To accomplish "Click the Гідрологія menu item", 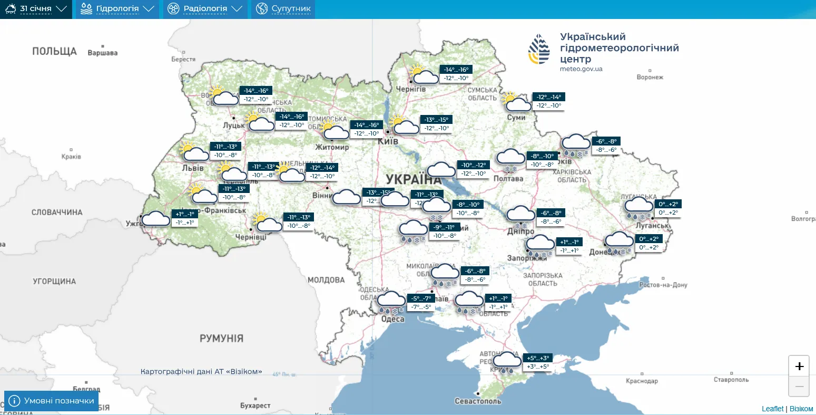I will point(117,9).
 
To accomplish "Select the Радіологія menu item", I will point(205,9).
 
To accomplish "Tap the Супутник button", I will point(283,9).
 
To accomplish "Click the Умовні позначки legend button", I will point(52,401).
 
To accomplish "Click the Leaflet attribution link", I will point(772,409).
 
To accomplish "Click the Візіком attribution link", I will point(801,409).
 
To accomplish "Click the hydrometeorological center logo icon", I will point(539,49).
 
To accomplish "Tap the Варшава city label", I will point(103,53).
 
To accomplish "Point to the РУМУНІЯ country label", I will point(221,338).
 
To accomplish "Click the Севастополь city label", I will point(478,401).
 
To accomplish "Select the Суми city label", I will point(516,117).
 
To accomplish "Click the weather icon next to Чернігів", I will point(425,75).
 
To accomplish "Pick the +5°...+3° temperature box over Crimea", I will point(538,358).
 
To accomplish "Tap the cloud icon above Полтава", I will point(510,158).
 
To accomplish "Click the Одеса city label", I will point(392,319).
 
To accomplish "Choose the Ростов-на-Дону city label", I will point(663,285).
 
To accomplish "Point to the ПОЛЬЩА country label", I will point(54,51).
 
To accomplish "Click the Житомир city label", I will point(332,147).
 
